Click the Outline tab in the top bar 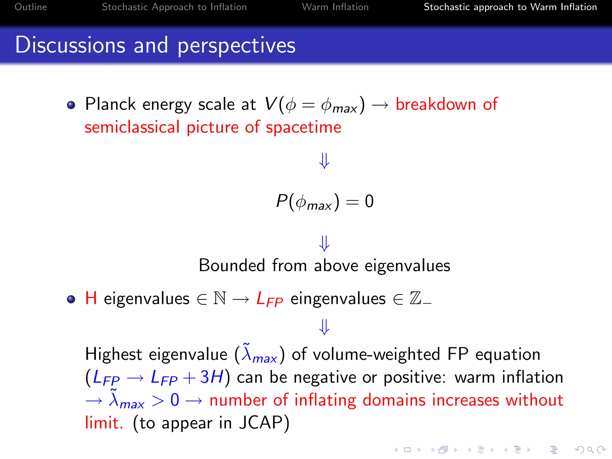[x=31, y=7]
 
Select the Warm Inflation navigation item [x=335, y=7]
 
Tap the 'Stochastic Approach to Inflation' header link [x=174, y=7]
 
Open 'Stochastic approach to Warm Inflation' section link [x=510, y=7]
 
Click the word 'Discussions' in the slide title [x=70, y=45]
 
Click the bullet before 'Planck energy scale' [x=71, y=105]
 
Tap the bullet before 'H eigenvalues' [x=71, y=299]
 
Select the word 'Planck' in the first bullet [x=111, y=104]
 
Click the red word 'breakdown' [x=436, y=104]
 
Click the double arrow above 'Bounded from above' [x=324, y=243]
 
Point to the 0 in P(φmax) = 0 [x=369, y=201]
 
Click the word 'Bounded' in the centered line [x=232, y=265]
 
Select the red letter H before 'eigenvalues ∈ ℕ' [x=91, y=298]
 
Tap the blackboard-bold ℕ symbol [x=220, y=298]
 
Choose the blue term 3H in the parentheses [x=212, y=377]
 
